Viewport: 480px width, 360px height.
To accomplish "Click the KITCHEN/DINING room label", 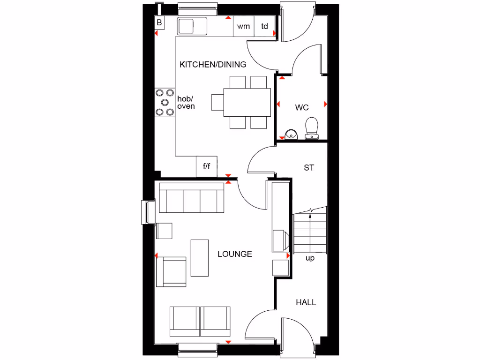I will [x=213, y=65].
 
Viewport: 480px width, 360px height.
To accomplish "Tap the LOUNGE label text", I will [x=235, y=254].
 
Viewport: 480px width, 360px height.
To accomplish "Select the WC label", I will [x=302, y=108].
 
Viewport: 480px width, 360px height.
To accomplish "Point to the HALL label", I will [x=306, y=302].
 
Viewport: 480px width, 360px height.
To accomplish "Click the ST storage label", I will [x=308, y=167].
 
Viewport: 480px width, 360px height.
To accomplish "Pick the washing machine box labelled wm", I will [x=244, y=27].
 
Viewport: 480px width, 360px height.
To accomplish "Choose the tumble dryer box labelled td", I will [x=265, y=27].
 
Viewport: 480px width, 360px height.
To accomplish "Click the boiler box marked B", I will [x=159, y=22].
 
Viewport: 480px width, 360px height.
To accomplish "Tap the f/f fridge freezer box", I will [x=207, y=166].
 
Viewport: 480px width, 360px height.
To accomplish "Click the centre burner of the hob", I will [x=165, y=102].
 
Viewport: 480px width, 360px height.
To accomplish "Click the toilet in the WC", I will [x=312, y=128].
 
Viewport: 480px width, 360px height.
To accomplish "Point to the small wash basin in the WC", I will [x=291, y=134].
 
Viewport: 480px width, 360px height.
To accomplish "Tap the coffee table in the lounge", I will [x=200, y=257].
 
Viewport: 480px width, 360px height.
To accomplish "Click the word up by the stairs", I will [x=310, y=258].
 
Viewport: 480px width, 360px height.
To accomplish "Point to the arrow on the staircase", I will [x=310, y=217].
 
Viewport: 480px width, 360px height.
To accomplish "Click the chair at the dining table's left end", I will [x=217, y=102].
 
